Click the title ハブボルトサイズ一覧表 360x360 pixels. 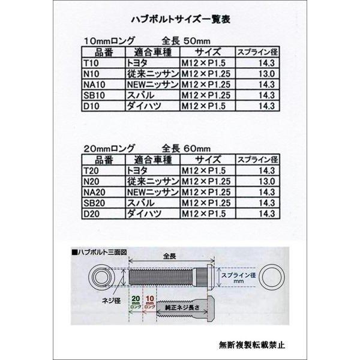click(179, 18)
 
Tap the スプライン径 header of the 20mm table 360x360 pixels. click(256, 160)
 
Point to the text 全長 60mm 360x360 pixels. click(186, 148)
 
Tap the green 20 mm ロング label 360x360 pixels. click(136, 304)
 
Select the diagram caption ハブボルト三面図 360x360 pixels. click(99, 253)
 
